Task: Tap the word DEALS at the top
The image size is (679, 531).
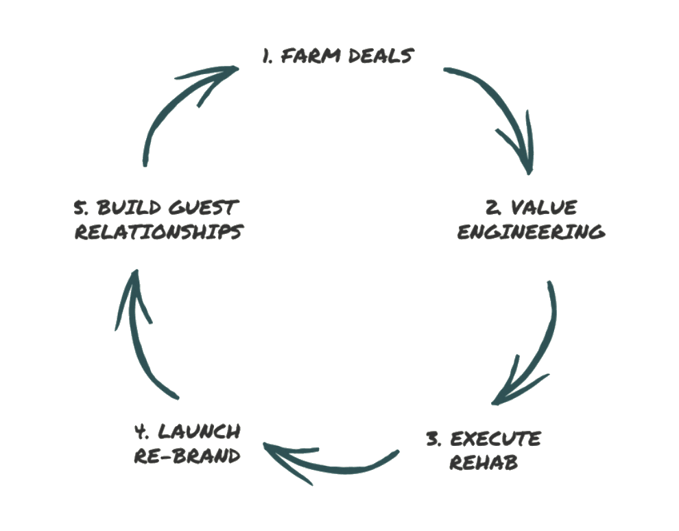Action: point(379,56)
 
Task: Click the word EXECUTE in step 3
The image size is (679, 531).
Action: point(495,438)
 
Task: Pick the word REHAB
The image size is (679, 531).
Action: point(484,462)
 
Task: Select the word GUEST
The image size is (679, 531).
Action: point(199,207)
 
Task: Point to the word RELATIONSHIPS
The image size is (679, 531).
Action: point(157,231)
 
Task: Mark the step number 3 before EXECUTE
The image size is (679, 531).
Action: point(433,438)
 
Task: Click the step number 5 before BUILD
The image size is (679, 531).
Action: point(79,207)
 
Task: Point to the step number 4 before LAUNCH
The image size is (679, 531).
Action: point(142,432)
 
